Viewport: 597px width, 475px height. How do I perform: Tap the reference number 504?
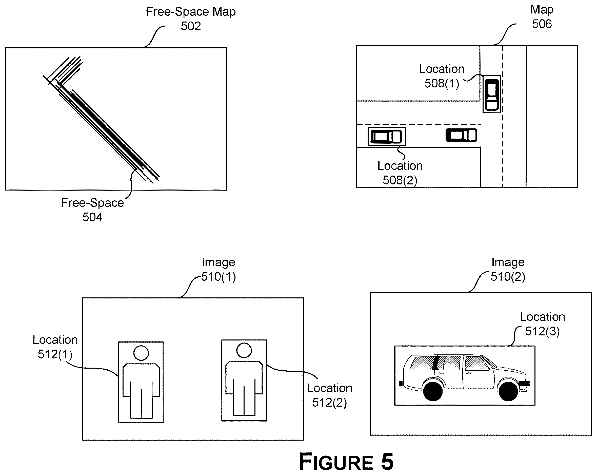[92, 217]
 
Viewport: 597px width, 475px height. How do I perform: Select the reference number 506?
[542, 24]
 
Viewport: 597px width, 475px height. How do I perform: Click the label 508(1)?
[442, 83]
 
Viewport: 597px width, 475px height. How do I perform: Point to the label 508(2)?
[400, 180]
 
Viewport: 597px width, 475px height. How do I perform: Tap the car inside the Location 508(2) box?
[386, 136]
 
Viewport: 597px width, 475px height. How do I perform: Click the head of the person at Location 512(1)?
[141, 353]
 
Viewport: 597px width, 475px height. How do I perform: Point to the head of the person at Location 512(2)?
[244, 350]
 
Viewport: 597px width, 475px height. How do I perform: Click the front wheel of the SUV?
[508, 391]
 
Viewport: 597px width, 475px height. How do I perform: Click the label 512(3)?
[542, 331]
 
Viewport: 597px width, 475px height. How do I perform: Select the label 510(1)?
[218, 277]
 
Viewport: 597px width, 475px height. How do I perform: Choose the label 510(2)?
[508, 277]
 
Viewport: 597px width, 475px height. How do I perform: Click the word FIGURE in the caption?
[336, 462]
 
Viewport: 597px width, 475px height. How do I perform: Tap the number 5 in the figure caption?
[387, 462]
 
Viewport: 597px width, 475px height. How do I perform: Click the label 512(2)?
[329, 403]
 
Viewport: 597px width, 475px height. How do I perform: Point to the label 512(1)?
[55, 354]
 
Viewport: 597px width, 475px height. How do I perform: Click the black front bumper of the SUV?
[524, 384]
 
